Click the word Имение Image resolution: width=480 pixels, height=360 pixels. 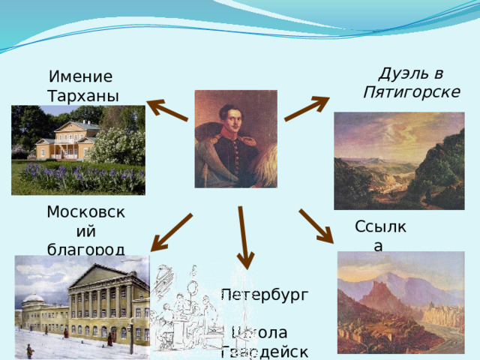[x=80, y=77]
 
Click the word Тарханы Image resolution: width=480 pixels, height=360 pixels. [x=82, y=96]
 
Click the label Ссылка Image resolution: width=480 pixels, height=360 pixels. [x=381, y=235]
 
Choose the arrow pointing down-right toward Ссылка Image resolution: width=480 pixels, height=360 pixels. [x=316, y=225]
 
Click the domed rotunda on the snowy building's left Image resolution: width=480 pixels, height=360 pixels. [x=34, y=307]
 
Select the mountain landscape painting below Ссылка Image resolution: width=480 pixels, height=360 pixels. [x=400, y=304]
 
